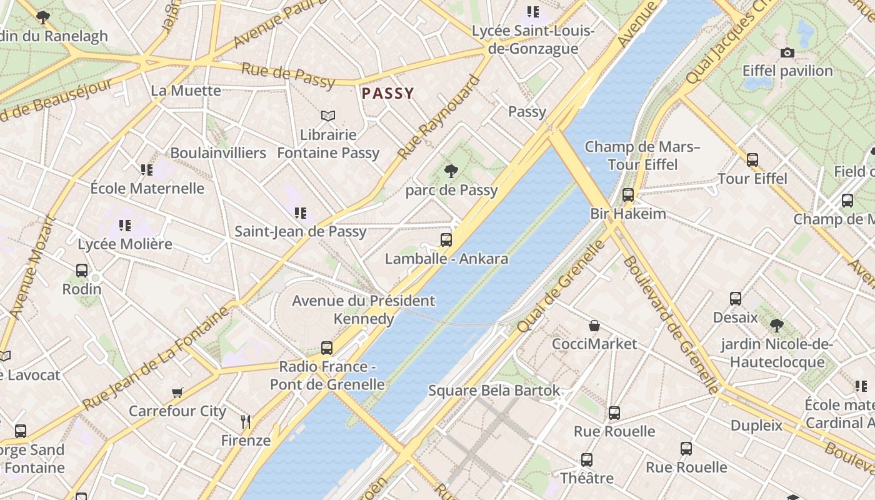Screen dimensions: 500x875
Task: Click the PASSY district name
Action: [x=387, y=94]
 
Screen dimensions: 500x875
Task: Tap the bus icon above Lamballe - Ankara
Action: [x=446, y=239]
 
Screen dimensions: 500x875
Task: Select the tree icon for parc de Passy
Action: [x=451, y=171]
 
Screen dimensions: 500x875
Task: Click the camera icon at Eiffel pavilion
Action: [x=787, y=52]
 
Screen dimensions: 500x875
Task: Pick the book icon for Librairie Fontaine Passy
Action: [x=328, y=116]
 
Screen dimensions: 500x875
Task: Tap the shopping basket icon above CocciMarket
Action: [x=594, y=326]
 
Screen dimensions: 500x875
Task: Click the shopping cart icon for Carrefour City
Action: [x=177, y=392]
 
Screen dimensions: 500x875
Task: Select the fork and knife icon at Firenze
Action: [x=246, y=422]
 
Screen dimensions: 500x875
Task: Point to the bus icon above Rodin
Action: [x=82, y=271]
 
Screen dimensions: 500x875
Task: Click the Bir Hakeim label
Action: [x=628, y=214]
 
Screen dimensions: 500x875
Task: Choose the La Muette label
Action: [x=186, y=91]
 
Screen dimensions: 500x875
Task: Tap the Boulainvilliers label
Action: [x=218, y=152]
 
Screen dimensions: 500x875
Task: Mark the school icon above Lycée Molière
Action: [x=125, y=225]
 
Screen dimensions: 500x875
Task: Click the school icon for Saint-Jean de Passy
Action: [x=301, y=213]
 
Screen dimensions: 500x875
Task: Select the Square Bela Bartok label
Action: [x=494, y=391]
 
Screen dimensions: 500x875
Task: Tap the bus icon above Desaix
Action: [x=736, y=299]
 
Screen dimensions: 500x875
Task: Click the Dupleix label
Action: [x=756, y=426]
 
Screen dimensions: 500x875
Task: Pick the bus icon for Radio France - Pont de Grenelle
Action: [x=327, y=347]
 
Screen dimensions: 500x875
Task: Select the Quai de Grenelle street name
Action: [x=561, y=286]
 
